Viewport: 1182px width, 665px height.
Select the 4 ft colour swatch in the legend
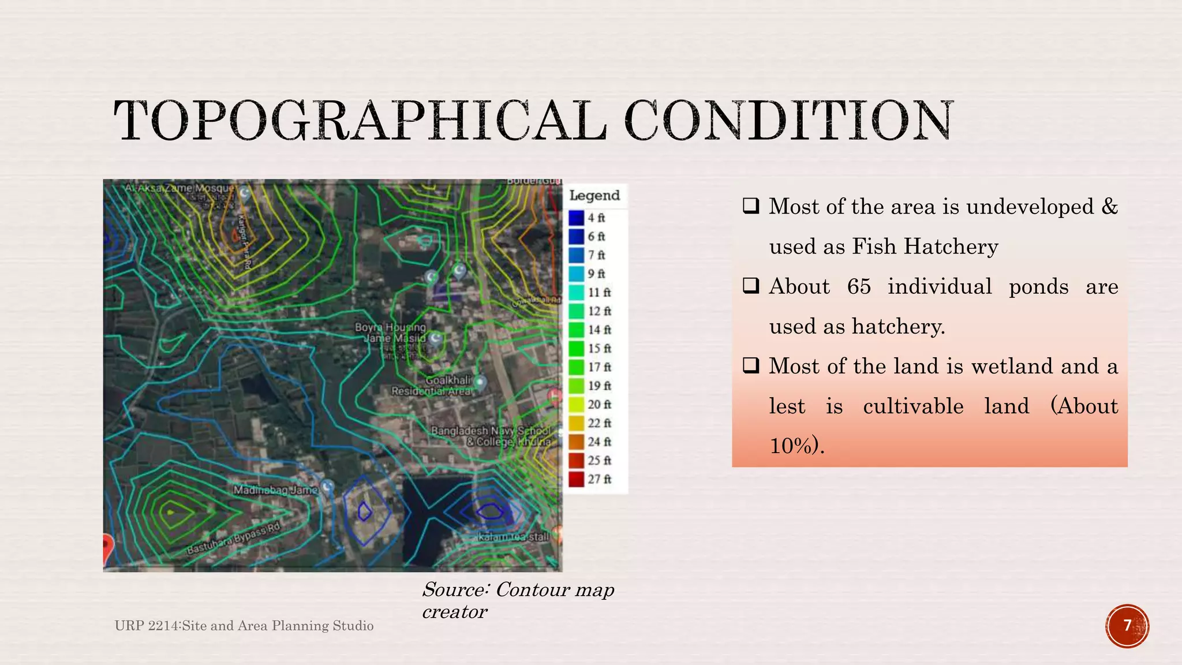coord(577,218)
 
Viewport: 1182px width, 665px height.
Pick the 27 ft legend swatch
coord(577,479)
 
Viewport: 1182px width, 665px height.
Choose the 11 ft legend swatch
coord(577,292)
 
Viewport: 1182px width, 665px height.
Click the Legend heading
coord(594,195)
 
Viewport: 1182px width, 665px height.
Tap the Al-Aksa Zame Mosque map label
coord(180,188)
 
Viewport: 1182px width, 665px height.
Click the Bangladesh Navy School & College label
coord(491,436)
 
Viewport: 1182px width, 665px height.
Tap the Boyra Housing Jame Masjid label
coord(391,332)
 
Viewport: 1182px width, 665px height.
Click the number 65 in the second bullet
coord(859,286)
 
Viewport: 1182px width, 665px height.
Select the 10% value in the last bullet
coord(795,446)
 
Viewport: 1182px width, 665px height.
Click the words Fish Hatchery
coord(925,246)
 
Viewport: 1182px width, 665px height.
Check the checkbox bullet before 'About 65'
coord(751,286)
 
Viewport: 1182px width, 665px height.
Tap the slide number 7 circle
coord(1127,626)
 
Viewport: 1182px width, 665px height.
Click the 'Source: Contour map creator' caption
coord(518,600)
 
